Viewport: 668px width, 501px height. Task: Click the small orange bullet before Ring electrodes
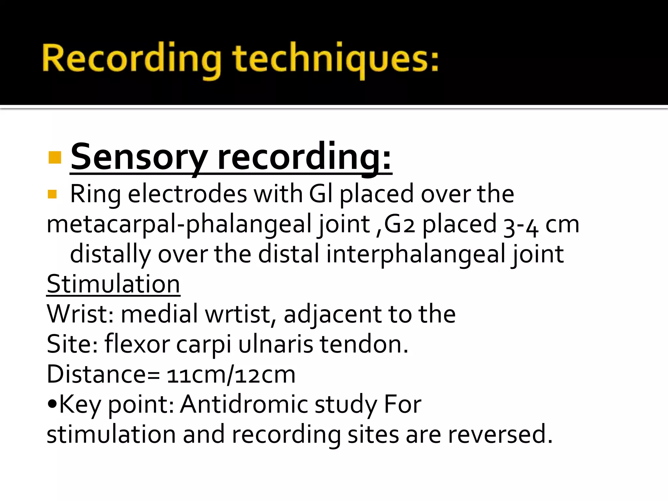click(x=52, y=194)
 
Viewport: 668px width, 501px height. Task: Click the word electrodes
click(x=187, y=194)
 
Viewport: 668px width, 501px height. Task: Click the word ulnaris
click(x=276, y=344)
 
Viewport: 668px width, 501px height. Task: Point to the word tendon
click(x=363, y=344)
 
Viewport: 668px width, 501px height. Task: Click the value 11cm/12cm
click(x=231, y=374)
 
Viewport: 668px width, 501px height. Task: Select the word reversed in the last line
click(x=500, y=434)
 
